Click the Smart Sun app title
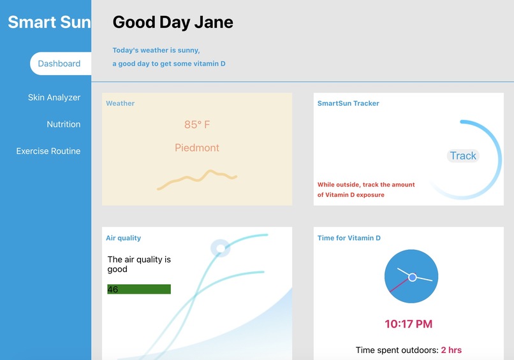(49, 22)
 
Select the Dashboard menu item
(59, 64)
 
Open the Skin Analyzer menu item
(54, 97)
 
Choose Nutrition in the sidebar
(64, 124)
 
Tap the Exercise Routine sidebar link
(48, 151)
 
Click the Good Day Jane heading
(173, 22)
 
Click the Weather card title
(120, 103)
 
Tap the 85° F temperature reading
(197, 125)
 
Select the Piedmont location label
(197, 148)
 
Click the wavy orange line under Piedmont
(197, 178)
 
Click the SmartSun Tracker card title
(348, 103)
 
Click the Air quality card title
(123, 238)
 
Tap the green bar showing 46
(139, 289)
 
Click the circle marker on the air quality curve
(219, 248)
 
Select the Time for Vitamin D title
(349, 238)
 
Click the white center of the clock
(412, 277)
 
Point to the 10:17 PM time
(408, 324)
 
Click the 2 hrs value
(451, 350)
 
